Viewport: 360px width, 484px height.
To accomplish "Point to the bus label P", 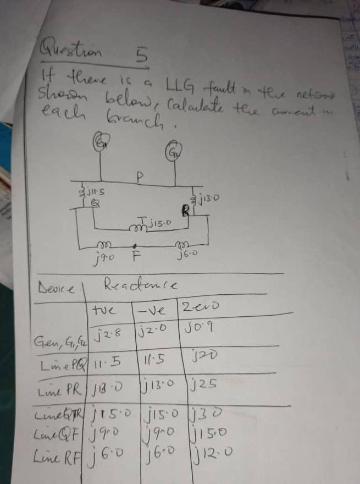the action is pyautogui.click(x=140, y=177).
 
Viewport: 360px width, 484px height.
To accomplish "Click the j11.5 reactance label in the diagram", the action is pyautogui.click(x=93, y=192).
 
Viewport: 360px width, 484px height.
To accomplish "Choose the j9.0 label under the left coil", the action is pyautogui.click(x=104, y=256).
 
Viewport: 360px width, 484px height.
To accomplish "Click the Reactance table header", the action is pyautogui.click(x=141, y=284).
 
